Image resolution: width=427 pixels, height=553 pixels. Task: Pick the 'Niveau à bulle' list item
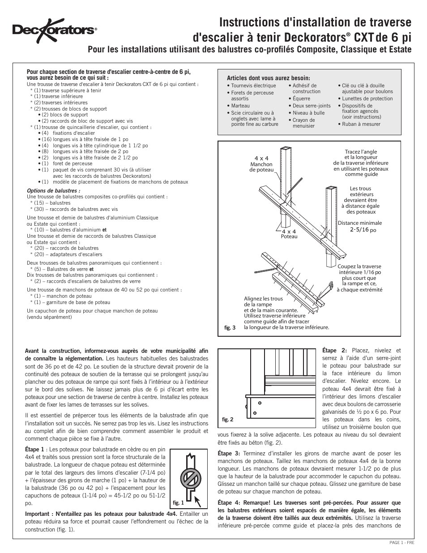coord(308,113)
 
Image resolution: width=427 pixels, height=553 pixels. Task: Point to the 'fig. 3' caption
coord(230,328)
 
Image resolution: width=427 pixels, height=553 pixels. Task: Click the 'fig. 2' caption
coord(228,420)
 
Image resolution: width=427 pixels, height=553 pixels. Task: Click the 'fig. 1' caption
coord(178,502)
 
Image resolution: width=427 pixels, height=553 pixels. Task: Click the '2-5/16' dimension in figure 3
coord(359,229)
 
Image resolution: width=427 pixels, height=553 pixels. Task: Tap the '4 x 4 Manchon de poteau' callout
coord(261,164)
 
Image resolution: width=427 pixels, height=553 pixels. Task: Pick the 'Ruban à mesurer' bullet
coord(361,124)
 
